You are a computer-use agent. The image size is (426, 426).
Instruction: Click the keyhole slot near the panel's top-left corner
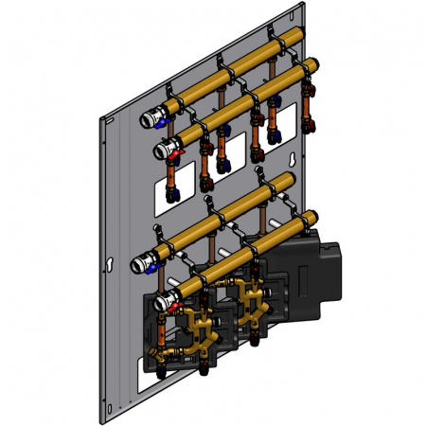coord(111,122)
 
